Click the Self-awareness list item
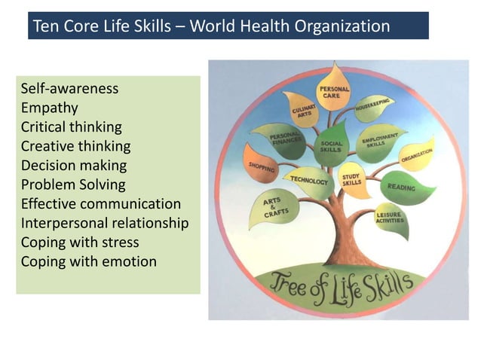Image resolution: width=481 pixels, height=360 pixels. tap(69, 89)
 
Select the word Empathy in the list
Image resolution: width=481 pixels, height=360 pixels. tap(49, 108)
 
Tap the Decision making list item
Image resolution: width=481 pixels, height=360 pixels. tap(73, 165)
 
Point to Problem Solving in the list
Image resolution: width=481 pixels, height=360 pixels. tap(73, 185)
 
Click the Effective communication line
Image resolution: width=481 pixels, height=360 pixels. tap(100, 204)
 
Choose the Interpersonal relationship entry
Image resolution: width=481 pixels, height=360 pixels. tap(104, 224)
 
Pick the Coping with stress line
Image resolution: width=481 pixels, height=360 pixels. tap(79, 243)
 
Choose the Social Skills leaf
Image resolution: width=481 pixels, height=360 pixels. tap(332, 144)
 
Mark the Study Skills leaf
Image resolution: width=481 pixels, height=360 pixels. tap(352, 178)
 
